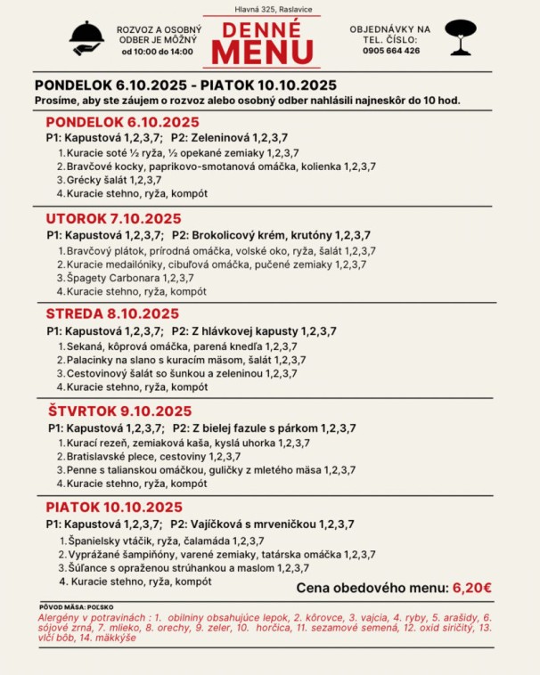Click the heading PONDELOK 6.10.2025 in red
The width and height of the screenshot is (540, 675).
coord(122,122)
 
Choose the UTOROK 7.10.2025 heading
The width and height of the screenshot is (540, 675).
coord(113,218)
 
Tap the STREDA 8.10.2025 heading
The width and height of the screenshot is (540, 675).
coord(112,313)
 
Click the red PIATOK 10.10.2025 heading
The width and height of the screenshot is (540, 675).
coord(114,507)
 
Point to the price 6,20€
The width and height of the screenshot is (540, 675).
coord(472,587)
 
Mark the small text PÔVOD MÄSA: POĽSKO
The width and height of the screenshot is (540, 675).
coord(72,606)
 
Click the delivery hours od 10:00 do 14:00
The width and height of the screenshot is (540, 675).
coord(157,52)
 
